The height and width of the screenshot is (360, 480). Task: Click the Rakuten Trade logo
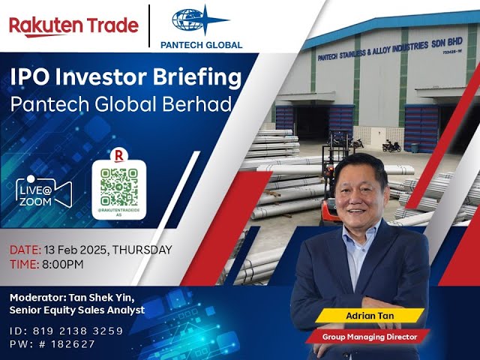click(73, 25)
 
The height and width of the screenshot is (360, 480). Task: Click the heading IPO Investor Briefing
click(126, 77)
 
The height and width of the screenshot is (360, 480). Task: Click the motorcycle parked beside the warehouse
click(391, 145)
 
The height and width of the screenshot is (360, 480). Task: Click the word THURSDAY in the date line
click(142, 250)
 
